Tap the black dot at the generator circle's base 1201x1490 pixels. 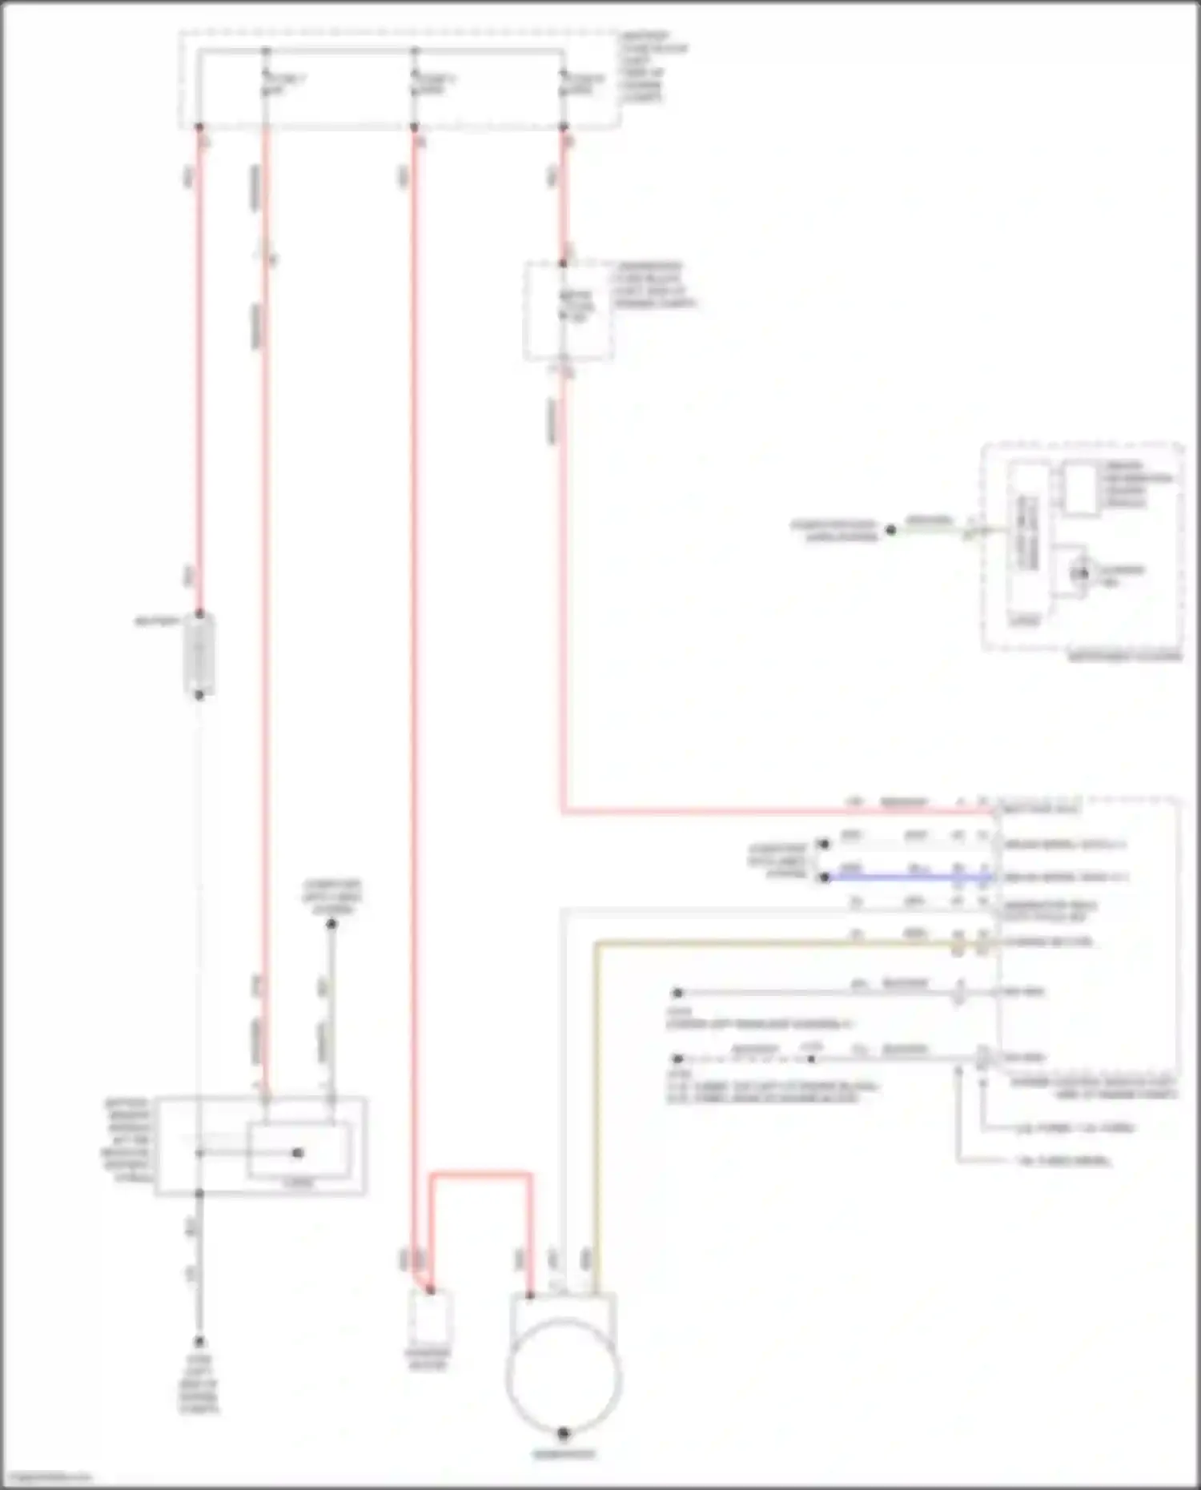563,1432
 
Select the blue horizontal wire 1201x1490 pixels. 905,878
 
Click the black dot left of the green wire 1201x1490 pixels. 890,529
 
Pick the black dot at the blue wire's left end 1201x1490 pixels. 825,878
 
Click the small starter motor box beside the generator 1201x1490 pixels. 429,1315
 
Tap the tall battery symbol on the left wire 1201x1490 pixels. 199,655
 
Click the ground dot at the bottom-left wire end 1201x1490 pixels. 199,1342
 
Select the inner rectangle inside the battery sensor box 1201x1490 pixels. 298,1151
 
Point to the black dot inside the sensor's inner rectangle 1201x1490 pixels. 298,1153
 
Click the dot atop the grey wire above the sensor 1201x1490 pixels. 331,924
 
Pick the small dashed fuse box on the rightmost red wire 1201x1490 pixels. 568,311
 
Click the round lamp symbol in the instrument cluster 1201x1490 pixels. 1081,573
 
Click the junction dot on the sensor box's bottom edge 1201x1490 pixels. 199,1194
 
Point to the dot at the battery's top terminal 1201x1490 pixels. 199,614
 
